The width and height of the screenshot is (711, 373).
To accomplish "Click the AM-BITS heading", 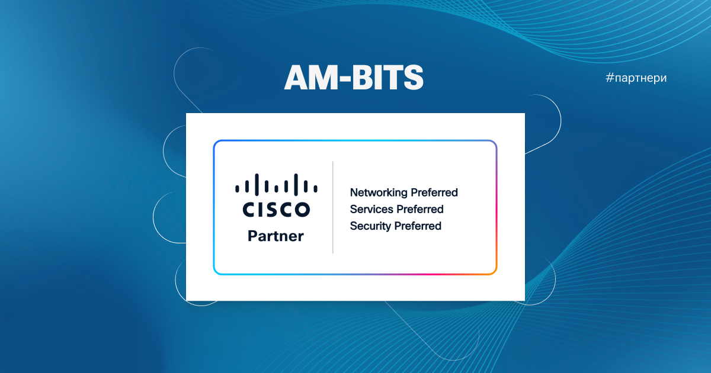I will tap(354, 77).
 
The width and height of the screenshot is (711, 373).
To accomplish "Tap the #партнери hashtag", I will tap(637, 78).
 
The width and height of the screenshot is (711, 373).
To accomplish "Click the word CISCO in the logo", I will tap(276, 210).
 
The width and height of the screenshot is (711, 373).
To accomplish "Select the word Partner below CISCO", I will tap(276, 236).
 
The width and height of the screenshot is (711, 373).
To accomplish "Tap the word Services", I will tap(371, 209).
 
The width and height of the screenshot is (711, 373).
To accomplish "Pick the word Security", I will tap(370, 226).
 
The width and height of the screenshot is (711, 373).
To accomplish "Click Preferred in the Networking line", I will tap(434, 193).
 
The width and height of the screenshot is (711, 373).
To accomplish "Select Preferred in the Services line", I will tap(420, 209).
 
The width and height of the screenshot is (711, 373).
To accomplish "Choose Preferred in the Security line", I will tap(418, 226).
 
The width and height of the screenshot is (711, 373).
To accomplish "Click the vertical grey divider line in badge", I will tap(333, 207).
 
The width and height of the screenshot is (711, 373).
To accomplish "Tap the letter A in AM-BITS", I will tap(296, 77).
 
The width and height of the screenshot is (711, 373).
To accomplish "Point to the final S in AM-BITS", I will tap(413, 77).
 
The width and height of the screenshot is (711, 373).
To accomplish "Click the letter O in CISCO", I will tap(301, 210).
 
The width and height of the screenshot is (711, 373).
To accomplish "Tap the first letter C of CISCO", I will tap(249, 210).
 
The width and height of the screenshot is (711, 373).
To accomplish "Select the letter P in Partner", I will tap(252, 236).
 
